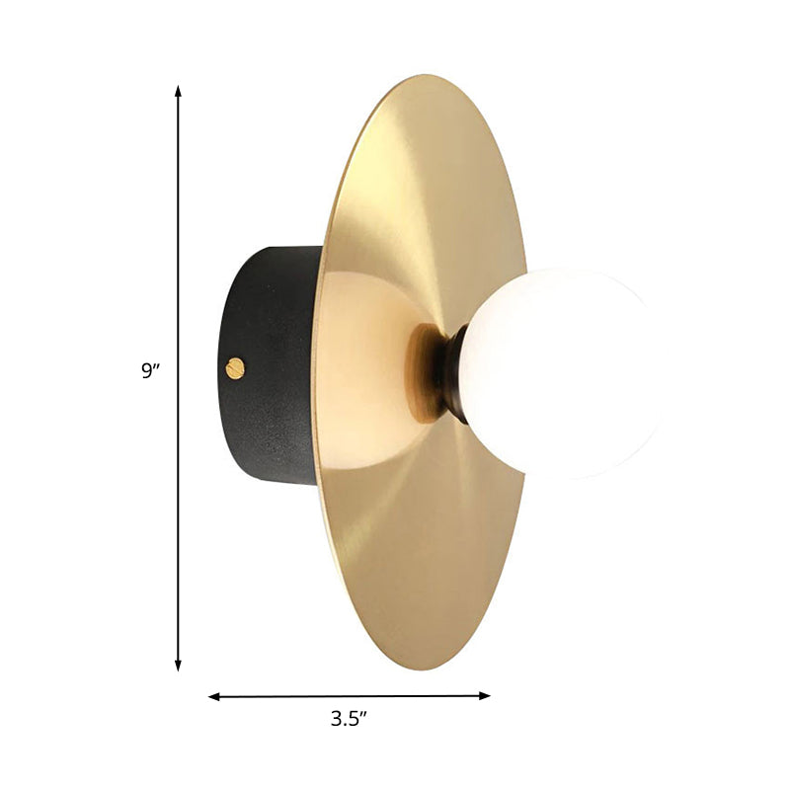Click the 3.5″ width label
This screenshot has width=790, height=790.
tap(349, 720)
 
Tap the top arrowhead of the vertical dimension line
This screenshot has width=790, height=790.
tap(179, 91)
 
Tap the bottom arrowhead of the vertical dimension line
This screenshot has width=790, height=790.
tap(179, 666)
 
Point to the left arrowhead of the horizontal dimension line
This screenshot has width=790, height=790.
tap(214, 697)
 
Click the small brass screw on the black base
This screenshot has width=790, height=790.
tap(235, 368)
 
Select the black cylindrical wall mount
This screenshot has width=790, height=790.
tap(267, 365)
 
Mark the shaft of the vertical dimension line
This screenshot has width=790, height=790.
tap(179, 247)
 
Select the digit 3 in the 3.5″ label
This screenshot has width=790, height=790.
tap(336, 720)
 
